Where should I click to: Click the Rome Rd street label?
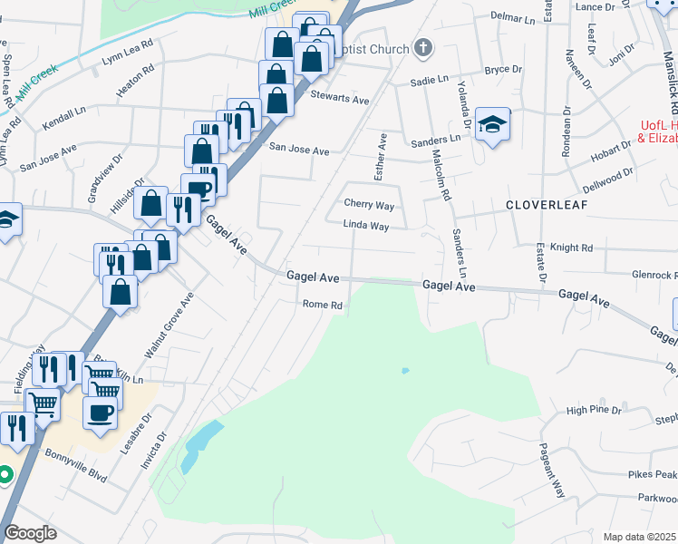pyautogui.click(x=322, y=306)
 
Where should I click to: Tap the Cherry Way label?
pyautogui.click(x=369, y=205)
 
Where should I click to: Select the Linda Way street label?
pyautogui.click(x=365, y=226)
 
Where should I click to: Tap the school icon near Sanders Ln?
pyautogui.click(x=492, y=124)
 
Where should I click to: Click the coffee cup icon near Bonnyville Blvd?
pyautogui.click(x=100, y=412)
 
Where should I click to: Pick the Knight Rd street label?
pyautogui.click(x=571, y=248)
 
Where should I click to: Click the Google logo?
pyautogui.click(x=30, y=533)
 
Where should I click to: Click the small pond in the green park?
pyautogui.click(x=404, y=370)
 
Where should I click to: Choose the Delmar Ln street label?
pyautogui.click(x=513, y=17)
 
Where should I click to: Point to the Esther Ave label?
pyautogui.click(x=382, y=154)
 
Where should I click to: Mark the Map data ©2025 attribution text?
pyautogui.click(x=639, y=537)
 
